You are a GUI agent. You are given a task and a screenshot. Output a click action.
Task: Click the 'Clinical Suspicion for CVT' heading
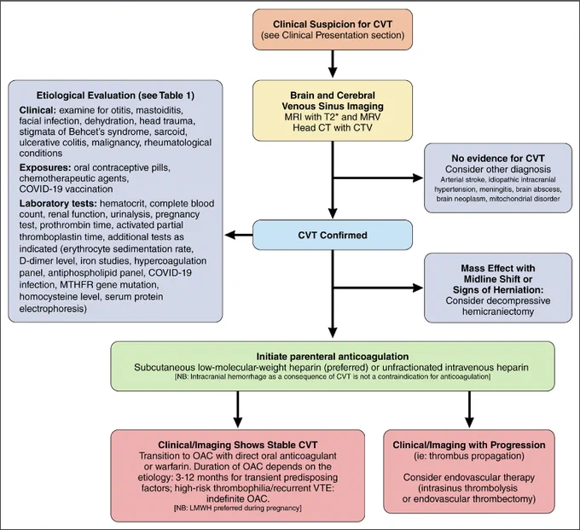[333, 24]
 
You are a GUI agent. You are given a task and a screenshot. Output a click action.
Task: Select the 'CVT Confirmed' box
[333, 235]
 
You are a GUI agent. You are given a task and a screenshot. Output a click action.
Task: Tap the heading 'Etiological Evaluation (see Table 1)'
[115, 96]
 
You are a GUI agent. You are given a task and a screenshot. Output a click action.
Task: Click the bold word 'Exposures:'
[45, 167]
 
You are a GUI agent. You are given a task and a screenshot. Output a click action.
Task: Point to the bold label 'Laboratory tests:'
[58, 204]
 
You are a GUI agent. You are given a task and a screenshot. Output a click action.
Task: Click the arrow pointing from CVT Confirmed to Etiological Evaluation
[239, 235]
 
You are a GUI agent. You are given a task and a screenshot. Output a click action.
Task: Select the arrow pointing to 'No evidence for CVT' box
[378, 178]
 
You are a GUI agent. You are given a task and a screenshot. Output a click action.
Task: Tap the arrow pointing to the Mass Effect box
[378, 288]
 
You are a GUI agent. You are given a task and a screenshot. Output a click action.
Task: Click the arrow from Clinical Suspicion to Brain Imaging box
[333, 64]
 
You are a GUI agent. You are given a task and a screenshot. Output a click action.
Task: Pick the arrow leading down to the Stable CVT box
[238, 410]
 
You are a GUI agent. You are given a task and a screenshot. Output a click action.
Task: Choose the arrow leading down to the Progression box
[469, 410]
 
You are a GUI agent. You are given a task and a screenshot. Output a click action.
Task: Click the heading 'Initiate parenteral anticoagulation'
[333, 357]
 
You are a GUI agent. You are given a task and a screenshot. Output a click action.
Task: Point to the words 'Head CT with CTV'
[333, 128]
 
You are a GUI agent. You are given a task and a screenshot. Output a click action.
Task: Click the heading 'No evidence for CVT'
[498, 159]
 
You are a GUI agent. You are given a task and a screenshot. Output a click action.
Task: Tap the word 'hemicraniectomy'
[498, 312]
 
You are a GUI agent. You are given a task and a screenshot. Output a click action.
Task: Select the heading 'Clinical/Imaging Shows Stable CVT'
[238, 445]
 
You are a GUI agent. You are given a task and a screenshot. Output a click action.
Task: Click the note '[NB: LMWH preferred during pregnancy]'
[238, 508]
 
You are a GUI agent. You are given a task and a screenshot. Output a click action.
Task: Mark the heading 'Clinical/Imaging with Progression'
[469, 445]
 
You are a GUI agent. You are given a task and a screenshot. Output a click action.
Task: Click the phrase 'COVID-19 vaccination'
[67, 189]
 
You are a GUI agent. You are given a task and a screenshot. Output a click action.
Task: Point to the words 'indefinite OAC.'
[238, 498]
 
